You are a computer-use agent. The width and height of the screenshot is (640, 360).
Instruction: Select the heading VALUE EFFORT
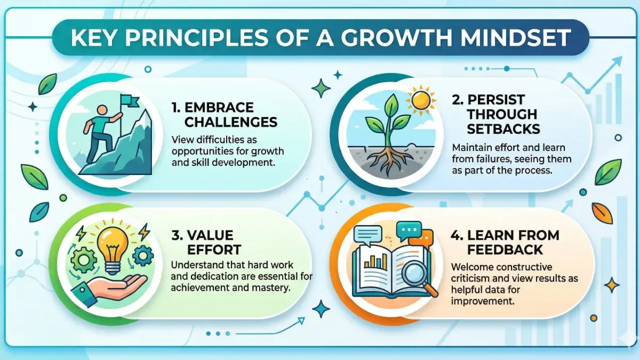pos(210,243)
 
